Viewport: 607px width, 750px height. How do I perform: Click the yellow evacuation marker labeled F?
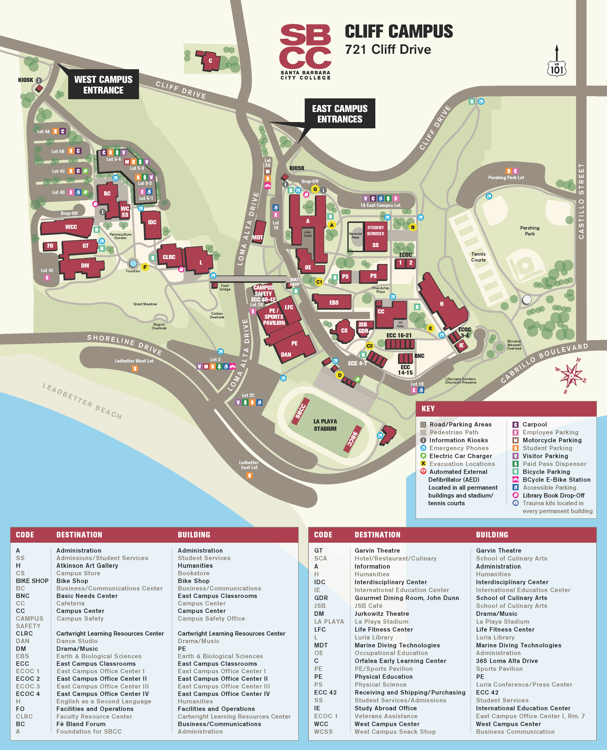[145, 267]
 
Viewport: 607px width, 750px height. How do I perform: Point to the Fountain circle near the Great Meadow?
[133, 263]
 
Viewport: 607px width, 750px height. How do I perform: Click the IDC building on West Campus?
[152, 224]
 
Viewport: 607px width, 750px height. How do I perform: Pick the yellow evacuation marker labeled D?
[339, 375]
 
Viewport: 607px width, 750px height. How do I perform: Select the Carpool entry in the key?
[534, 424]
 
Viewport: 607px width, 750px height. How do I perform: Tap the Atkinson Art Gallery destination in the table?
[87, 565]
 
